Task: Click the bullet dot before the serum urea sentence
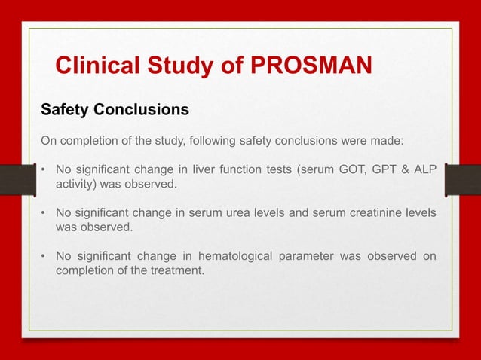[44, 212]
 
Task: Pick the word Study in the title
[176, 66]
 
